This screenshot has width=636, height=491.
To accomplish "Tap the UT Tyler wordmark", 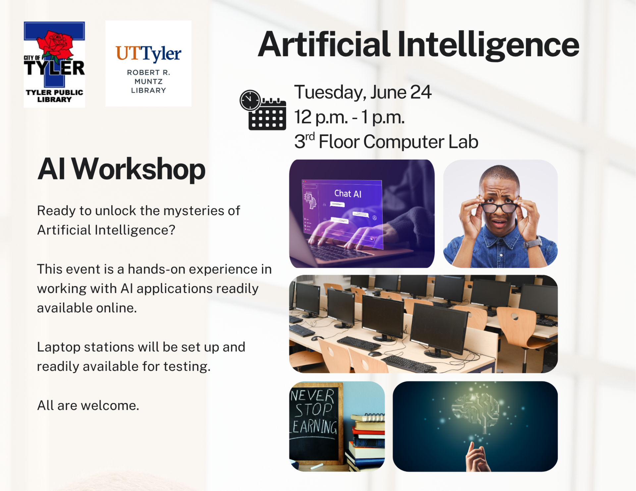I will coord(148,54).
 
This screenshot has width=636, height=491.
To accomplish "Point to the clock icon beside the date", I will coord(250,100).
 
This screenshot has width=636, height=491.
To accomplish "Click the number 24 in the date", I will coord(421,92).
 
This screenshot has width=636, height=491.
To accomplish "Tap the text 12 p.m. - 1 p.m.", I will coord(349,117).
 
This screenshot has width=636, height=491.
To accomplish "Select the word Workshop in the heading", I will coord(138,170).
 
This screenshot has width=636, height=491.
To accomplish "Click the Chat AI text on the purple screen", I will coord(347,194).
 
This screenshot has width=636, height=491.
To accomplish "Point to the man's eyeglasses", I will coord(499,208).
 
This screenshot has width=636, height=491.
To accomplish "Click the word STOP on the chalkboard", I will coord(313,410).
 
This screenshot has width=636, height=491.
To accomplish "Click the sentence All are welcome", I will coord(88,406).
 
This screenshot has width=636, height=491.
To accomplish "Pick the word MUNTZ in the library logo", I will coord(148,81).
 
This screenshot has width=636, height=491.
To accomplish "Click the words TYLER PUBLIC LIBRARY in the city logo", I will coord(54,96).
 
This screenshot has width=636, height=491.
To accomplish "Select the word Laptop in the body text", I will coord(59,347).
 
